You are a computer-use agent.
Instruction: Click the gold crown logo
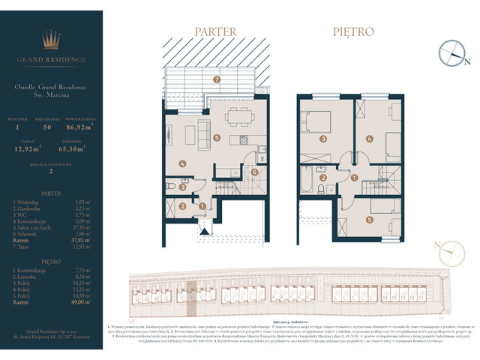[x=52, y=40]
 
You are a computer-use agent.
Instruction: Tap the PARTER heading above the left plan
[x=215, y=32]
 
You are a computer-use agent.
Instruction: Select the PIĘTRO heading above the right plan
[x=353, y=32]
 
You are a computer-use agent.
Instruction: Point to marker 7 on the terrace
[x=216, y=79]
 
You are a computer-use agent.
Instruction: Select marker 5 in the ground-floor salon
[x=216, y=138]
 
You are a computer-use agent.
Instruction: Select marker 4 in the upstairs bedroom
[x=370, y=139]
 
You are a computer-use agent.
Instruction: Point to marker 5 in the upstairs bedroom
[x=370, y=220]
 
